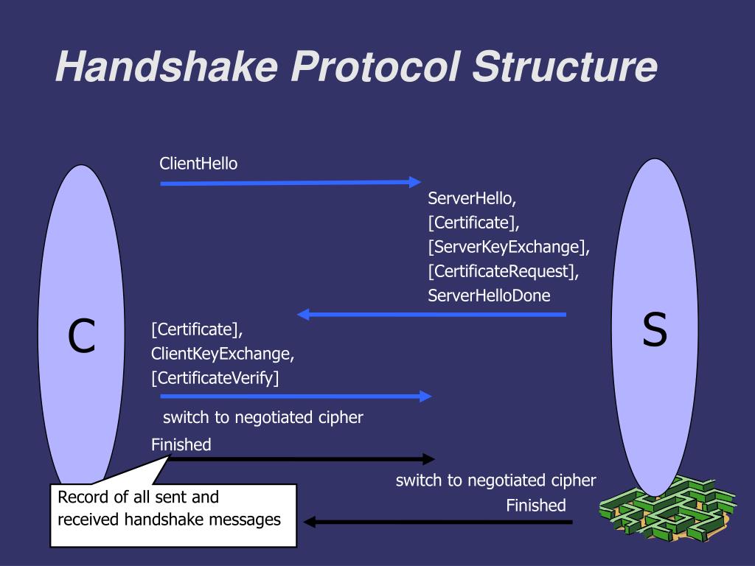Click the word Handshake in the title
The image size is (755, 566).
click(x=166, y=67)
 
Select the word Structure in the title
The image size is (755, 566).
click(x=564, y=67)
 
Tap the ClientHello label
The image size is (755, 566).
click(x=198, y=164)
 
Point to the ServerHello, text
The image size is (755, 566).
click(x=472, y=198)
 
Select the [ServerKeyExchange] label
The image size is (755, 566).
click(x=509, y=246)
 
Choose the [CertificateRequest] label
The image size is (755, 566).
click(x=503, y=271)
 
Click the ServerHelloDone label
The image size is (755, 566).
click(x=489, y=296)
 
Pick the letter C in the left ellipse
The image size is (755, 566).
click(x=82, y=336)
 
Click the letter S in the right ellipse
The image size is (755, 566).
click(x=654, y=329)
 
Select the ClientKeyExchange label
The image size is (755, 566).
click(x=223, y=354)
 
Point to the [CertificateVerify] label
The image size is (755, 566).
click(x=215, y=378)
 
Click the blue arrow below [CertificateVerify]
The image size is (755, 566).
click(x=296, y=396)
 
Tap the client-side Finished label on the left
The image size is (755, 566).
click(x=181, y=444)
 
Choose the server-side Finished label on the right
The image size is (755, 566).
click(x=536, y=506)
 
